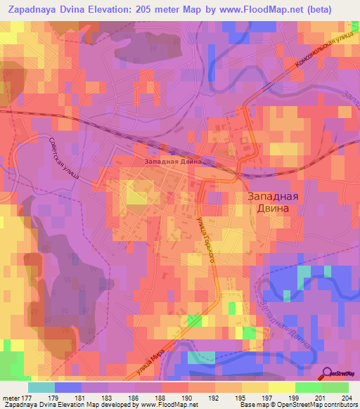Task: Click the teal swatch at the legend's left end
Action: (x=41, y=387)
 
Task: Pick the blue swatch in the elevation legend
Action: (x=68, y=387)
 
